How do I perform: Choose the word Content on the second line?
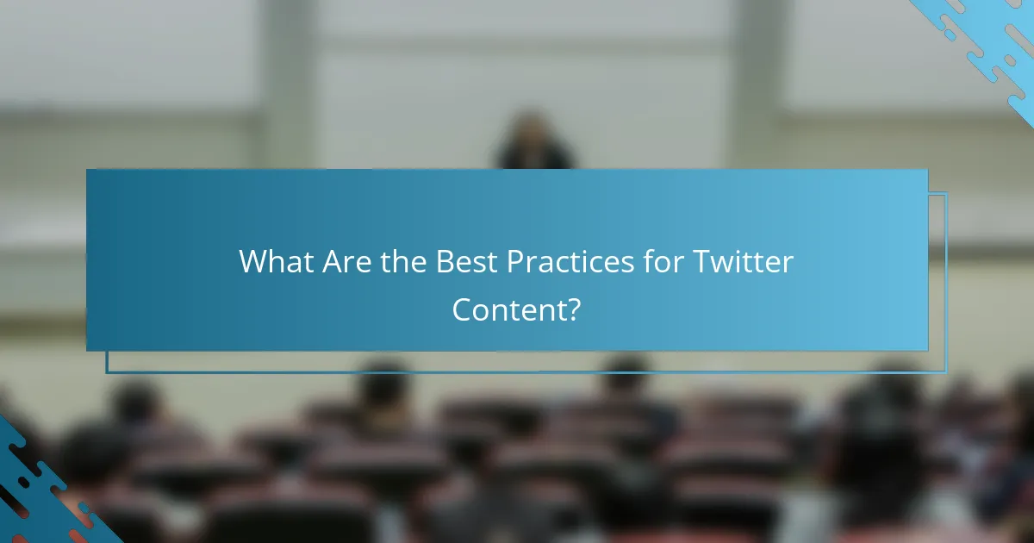click(x=508, y=309)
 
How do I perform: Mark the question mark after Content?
click(x=574, y=309)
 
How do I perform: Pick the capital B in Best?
click(x=445, y=262)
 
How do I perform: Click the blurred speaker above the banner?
click(x=535, y=142)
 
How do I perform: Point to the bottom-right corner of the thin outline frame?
click(x=945, y=371)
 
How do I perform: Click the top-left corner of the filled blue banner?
click(x=87, y=170)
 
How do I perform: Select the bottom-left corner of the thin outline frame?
click(x=107, y=371)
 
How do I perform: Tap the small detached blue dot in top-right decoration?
click(x=950, y=34)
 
